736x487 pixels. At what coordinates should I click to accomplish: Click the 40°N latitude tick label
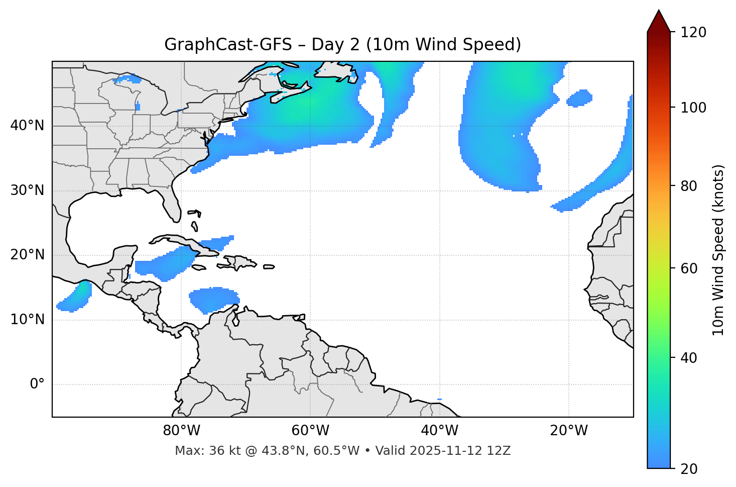(27, 126)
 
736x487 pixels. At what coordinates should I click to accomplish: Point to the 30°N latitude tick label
(27, 190)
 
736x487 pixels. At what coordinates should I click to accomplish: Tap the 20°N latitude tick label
(27, 255)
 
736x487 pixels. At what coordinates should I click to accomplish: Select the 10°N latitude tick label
(27, 320)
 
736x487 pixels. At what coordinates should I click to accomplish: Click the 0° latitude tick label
(37, 384)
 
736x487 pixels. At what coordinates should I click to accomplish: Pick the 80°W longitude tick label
(181, 431)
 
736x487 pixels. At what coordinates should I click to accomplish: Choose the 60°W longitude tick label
(310, 431)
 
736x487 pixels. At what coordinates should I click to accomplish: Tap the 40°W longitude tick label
(439, 431)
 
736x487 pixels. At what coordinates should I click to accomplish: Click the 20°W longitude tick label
(568, 431)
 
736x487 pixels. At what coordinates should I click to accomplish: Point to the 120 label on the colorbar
(693, 32)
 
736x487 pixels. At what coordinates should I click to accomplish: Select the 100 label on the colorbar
(693, 108)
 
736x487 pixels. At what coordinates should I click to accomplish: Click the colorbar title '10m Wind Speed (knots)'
(718, 250)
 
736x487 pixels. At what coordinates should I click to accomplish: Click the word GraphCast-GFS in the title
(228, 45)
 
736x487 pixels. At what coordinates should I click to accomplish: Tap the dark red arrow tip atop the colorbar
(659, 20)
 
